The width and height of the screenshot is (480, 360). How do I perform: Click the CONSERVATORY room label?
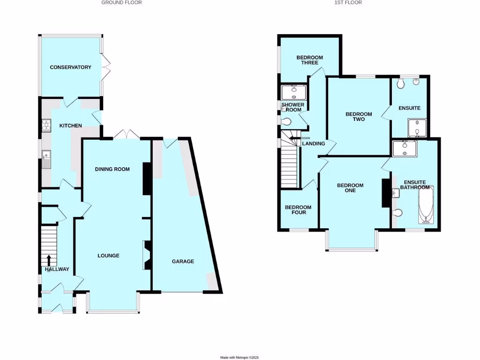[x=71, y=67]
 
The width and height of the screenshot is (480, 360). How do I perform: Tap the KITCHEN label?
[x=70, y=126]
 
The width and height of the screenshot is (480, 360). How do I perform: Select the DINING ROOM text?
[x=112, y=169]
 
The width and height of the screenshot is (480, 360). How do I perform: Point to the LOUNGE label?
[x=108, y=255]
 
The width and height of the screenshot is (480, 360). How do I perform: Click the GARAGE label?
[x=183, y=262]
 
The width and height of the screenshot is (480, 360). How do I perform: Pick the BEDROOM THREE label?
[x=307, y=60]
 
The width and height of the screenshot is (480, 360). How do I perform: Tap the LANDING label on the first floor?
[x=314, y=143]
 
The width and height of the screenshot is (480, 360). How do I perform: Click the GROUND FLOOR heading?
[x=121, y=3]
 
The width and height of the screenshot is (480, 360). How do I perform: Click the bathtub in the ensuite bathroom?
[x=426, y=205]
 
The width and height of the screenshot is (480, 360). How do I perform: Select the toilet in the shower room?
[x=286, y=122]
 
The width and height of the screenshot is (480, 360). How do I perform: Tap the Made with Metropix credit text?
[x=240, y=357]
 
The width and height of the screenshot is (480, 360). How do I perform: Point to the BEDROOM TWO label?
[x=359, y=117]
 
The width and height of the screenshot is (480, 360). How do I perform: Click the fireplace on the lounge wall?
[x=146, y=255]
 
